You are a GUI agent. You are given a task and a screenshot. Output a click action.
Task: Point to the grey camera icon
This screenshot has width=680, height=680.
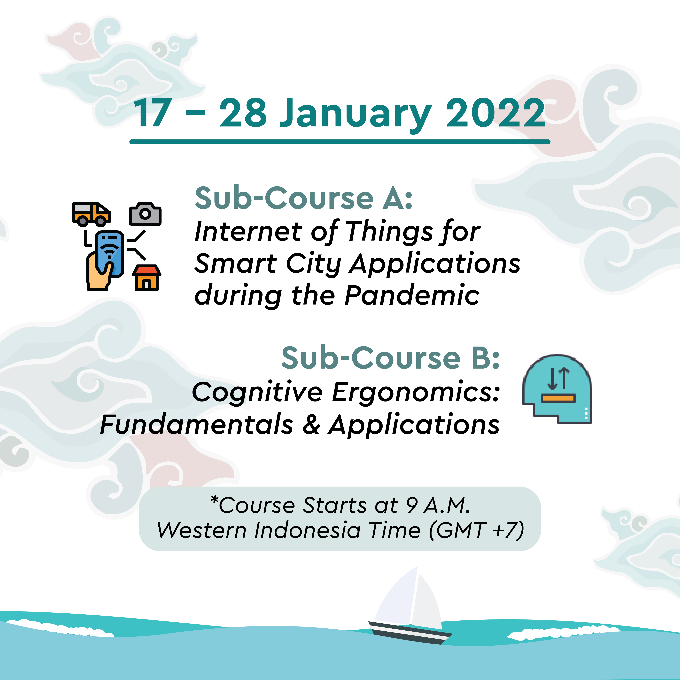(145, 214)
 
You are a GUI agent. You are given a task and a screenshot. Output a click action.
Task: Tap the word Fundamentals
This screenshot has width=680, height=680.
(196, 424)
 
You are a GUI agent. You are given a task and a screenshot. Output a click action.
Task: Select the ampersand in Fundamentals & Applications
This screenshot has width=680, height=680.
(311, 424)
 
